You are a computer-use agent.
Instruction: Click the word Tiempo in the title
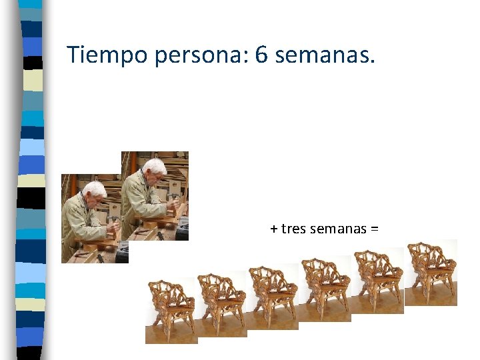[x=108, y=55]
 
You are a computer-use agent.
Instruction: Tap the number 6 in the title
[x=261, y=55]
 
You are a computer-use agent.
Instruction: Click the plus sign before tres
[x=274, y=229]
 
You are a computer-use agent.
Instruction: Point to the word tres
[x=295, y=229]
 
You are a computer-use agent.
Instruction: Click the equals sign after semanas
[x=375, y=229]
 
